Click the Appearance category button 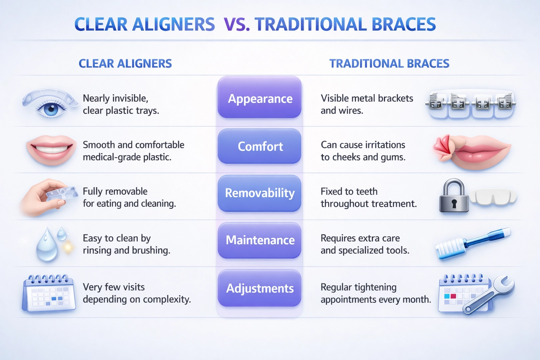[259, 97]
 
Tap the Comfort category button [259, 146]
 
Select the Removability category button [259, 193]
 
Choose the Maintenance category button [259, 240]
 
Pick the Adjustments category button [259, 288]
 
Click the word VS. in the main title [237, 24]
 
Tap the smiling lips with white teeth [51, 149]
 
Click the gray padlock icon [454, 195]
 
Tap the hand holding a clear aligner [48, 198]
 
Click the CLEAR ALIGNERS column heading [126, 64]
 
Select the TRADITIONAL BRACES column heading [389, 64]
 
